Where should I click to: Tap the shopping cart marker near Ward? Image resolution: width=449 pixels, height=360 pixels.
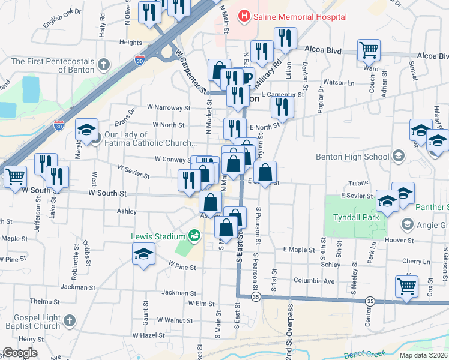pos(369,50)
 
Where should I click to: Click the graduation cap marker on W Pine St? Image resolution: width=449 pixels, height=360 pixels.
pos(143,257)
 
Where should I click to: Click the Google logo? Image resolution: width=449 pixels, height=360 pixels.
pos(20,353)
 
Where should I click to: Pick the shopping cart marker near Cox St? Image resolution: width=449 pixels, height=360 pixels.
pos(406,286)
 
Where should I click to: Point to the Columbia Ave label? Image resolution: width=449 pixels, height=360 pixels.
pos(313,280)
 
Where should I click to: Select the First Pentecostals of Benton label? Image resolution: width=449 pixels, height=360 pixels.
pos(53,65)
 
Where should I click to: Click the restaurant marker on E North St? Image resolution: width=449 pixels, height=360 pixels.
pos(281,107)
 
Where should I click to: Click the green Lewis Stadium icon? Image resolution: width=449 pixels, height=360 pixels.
pos(194,235)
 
